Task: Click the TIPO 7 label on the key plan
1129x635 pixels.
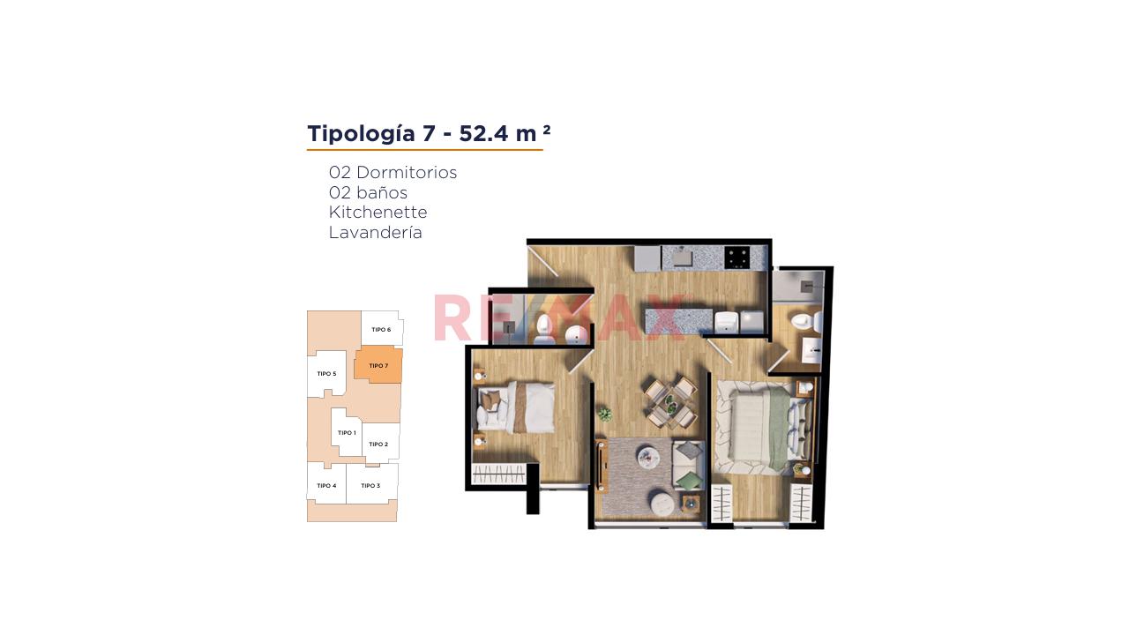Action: [378, 366]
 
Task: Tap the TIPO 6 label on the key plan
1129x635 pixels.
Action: [381, 330]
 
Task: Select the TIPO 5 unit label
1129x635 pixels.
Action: [326, 374]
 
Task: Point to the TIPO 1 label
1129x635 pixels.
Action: [347, 433]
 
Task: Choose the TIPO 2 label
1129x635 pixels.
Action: [378, 444]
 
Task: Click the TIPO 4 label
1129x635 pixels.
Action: [326, 486]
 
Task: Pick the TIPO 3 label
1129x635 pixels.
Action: [370, 486]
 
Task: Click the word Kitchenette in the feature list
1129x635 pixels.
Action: [378, 213]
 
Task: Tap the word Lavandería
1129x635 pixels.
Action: [376, 232]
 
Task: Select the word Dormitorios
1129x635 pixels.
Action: [407, 172]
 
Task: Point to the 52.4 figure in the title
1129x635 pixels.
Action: [484, 133]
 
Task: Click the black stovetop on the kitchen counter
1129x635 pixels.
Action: [736, 258]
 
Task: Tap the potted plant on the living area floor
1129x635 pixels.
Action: [605, 415]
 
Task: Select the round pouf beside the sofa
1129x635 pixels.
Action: [664, 504]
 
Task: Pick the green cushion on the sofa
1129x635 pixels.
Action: [689, 481]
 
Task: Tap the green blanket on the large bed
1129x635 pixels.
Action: [778, 426]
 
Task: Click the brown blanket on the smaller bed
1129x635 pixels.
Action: [520, 407]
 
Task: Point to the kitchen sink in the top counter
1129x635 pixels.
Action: [682, 258]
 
